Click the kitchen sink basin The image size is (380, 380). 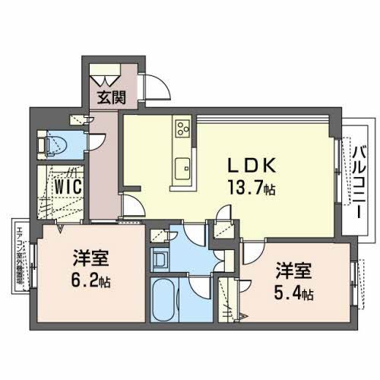182,168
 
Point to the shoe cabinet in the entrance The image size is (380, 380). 106,78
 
